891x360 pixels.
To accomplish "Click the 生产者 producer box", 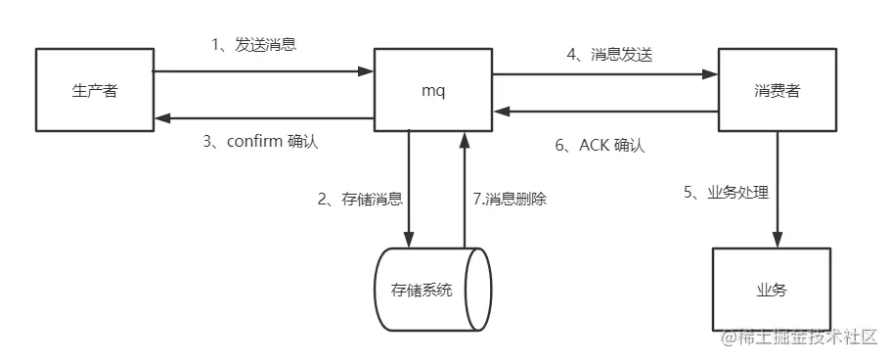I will [x=95, y=91].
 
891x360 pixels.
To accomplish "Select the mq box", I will [x=432, y=91].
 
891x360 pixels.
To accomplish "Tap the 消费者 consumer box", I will [x=778, y=91].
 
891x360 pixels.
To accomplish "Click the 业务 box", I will [x=771, y=291].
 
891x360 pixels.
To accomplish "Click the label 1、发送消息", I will [x=254, y=47].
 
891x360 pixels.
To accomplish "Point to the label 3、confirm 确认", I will [x=261, y=141].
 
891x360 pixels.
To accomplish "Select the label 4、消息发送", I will [x=608, y=55].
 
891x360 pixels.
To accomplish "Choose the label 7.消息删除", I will [x=509, y=199].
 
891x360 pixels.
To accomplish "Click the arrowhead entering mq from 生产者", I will [x=367, y=70].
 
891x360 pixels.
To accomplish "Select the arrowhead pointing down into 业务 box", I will [x=779, y=240].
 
